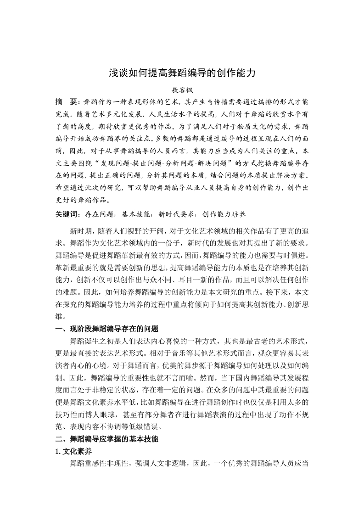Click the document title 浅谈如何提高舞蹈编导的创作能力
pyautogui.click(x=182, y=73)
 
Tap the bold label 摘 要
pyautogui.click(x=66, y=101)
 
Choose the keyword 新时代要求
pyautogui.click(x=176, y=214)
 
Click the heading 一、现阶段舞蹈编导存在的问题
pyautogui.click(x=106, y=329)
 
